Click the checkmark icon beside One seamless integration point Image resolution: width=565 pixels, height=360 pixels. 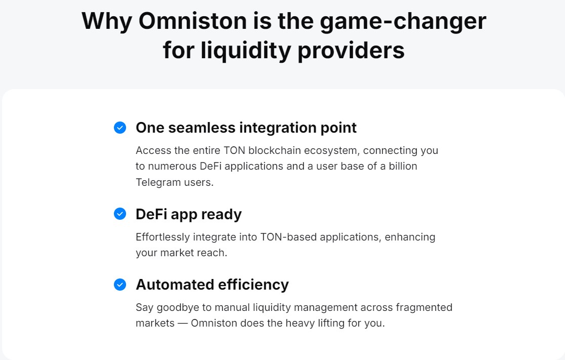point(120,128)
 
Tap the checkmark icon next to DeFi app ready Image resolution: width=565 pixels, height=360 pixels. point(120,214)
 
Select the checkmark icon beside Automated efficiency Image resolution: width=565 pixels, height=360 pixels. point(120,285)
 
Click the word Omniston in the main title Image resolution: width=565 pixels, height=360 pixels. point(193,21)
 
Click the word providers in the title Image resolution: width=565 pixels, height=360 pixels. point(351,51)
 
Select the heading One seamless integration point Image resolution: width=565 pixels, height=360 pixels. point(246,128)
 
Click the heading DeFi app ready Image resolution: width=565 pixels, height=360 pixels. point(189,214)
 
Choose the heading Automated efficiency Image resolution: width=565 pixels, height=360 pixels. point(212,285)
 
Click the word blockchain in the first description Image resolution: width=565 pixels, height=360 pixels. point(274,150)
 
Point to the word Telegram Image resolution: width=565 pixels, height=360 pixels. point(158,182)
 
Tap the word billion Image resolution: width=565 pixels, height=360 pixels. point(403,166)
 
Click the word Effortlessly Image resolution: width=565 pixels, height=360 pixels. point(163,237)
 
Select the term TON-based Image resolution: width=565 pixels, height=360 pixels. point(289,237)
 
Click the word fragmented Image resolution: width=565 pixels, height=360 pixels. point(424,308)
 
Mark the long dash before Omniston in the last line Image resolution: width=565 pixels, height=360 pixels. point(183,323)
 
